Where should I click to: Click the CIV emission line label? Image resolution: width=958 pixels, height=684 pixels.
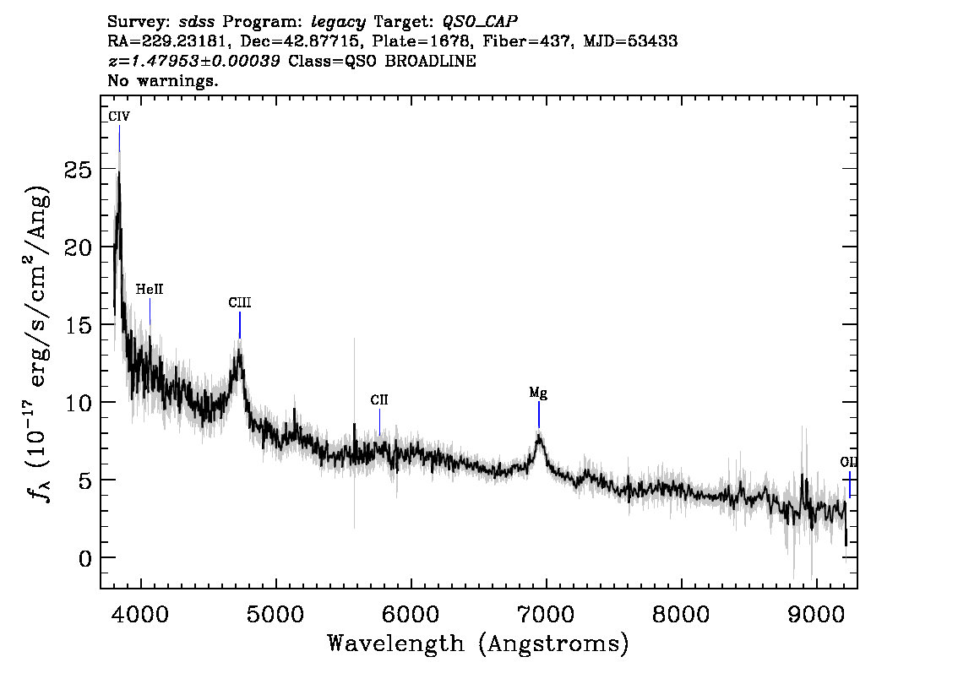click(x=119, y=116)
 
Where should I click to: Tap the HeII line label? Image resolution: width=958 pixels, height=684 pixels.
click(x=150, y=290)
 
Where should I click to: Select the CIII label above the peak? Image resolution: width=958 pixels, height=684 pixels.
click(x=240, y=302)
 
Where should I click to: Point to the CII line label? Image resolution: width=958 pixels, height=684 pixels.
click(x=379, y=399)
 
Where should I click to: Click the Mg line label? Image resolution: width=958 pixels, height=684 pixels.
click(x=538, y=393)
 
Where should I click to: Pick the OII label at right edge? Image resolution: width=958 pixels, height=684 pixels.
click(x=848, y=462)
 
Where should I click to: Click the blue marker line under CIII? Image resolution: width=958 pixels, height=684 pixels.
click(x=240, y=325)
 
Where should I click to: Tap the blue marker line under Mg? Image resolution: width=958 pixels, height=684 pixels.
click(x=538, y=415)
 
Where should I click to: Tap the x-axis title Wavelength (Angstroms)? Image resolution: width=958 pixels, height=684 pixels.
click(x=478, y=643)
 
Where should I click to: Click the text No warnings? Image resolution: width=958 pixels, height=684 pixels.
click(x=163, y=81)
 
